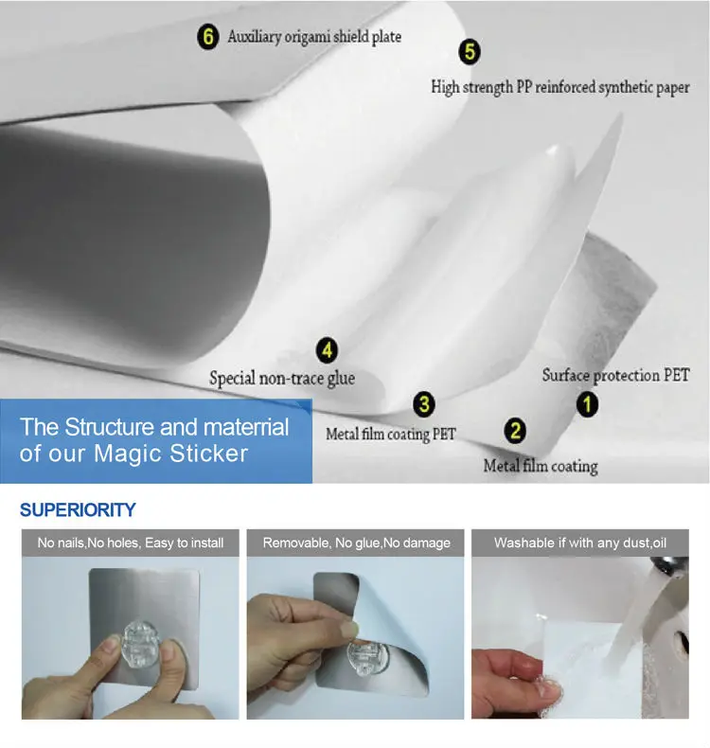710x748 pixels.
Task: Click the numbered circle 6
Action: coord(208,37)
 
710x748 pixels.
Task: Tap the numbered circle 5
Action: coord(470,51)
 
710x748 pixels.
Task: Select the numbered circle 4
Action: coord(328,350)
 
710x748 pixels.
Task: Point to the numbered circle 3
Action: coord(424,404)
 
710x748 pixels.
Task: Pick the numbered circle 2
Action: coord(515,431)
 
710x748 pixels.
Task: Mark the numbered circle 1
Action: coord(587,404)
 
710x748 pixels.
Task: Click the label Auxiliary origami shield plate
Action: coord(314,37)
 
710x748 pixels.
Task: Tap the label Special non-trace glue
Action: coord(282,379)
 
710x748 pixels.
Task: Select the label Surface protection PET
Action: coord(615,376)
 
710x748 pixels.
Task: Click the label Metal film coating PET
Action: coord(391,434)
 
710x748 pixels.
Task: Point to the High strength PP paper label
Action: coord(560,87)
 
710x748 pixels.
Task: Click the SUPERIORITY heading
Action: coord(78,510)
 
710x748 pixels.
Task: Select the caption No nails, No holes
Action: coord(131,543)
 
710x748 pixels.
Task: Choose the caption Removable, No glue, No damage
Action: coord(356,543)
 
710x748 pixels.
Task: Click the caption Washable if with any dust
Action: coord(579,543)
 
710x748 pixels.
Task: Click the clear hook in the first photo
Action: coord(142,644)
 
